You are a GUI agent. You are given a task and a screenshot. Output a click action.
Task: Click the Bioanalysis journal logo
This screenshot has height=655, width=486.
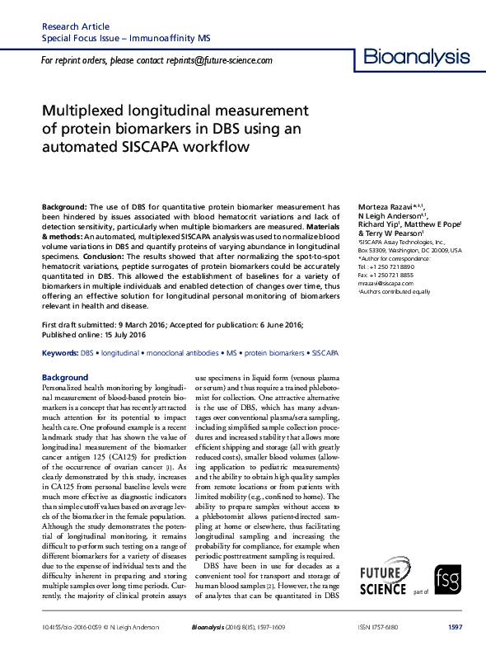coord(417,57)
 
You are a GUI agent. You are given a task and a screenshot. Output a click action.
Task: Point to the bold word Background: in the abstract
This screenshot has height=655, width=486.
coord(64,206)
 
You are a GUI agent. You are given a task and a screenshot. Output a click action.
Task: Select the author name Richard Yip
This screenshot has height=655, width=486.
coord(376,224)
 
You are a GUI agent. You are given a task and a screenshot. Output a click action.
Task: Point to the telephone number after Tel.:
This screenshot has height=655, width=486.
coord(398,266)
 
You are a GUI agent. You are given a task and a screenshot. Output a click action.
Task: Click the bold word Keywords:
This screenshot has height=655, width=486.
coord(59,375)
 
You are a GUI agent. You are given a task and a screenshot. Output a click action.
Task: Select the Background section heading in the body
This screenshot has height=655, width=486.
coord(64,378)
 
